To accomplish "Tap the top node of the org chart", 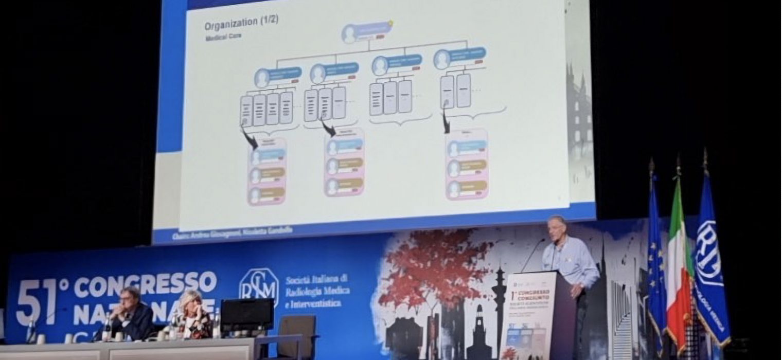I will [366, 32].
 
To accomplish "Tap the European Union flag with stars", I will [655, 262].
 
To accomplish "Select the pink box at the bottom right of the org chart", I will [467, 164].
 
